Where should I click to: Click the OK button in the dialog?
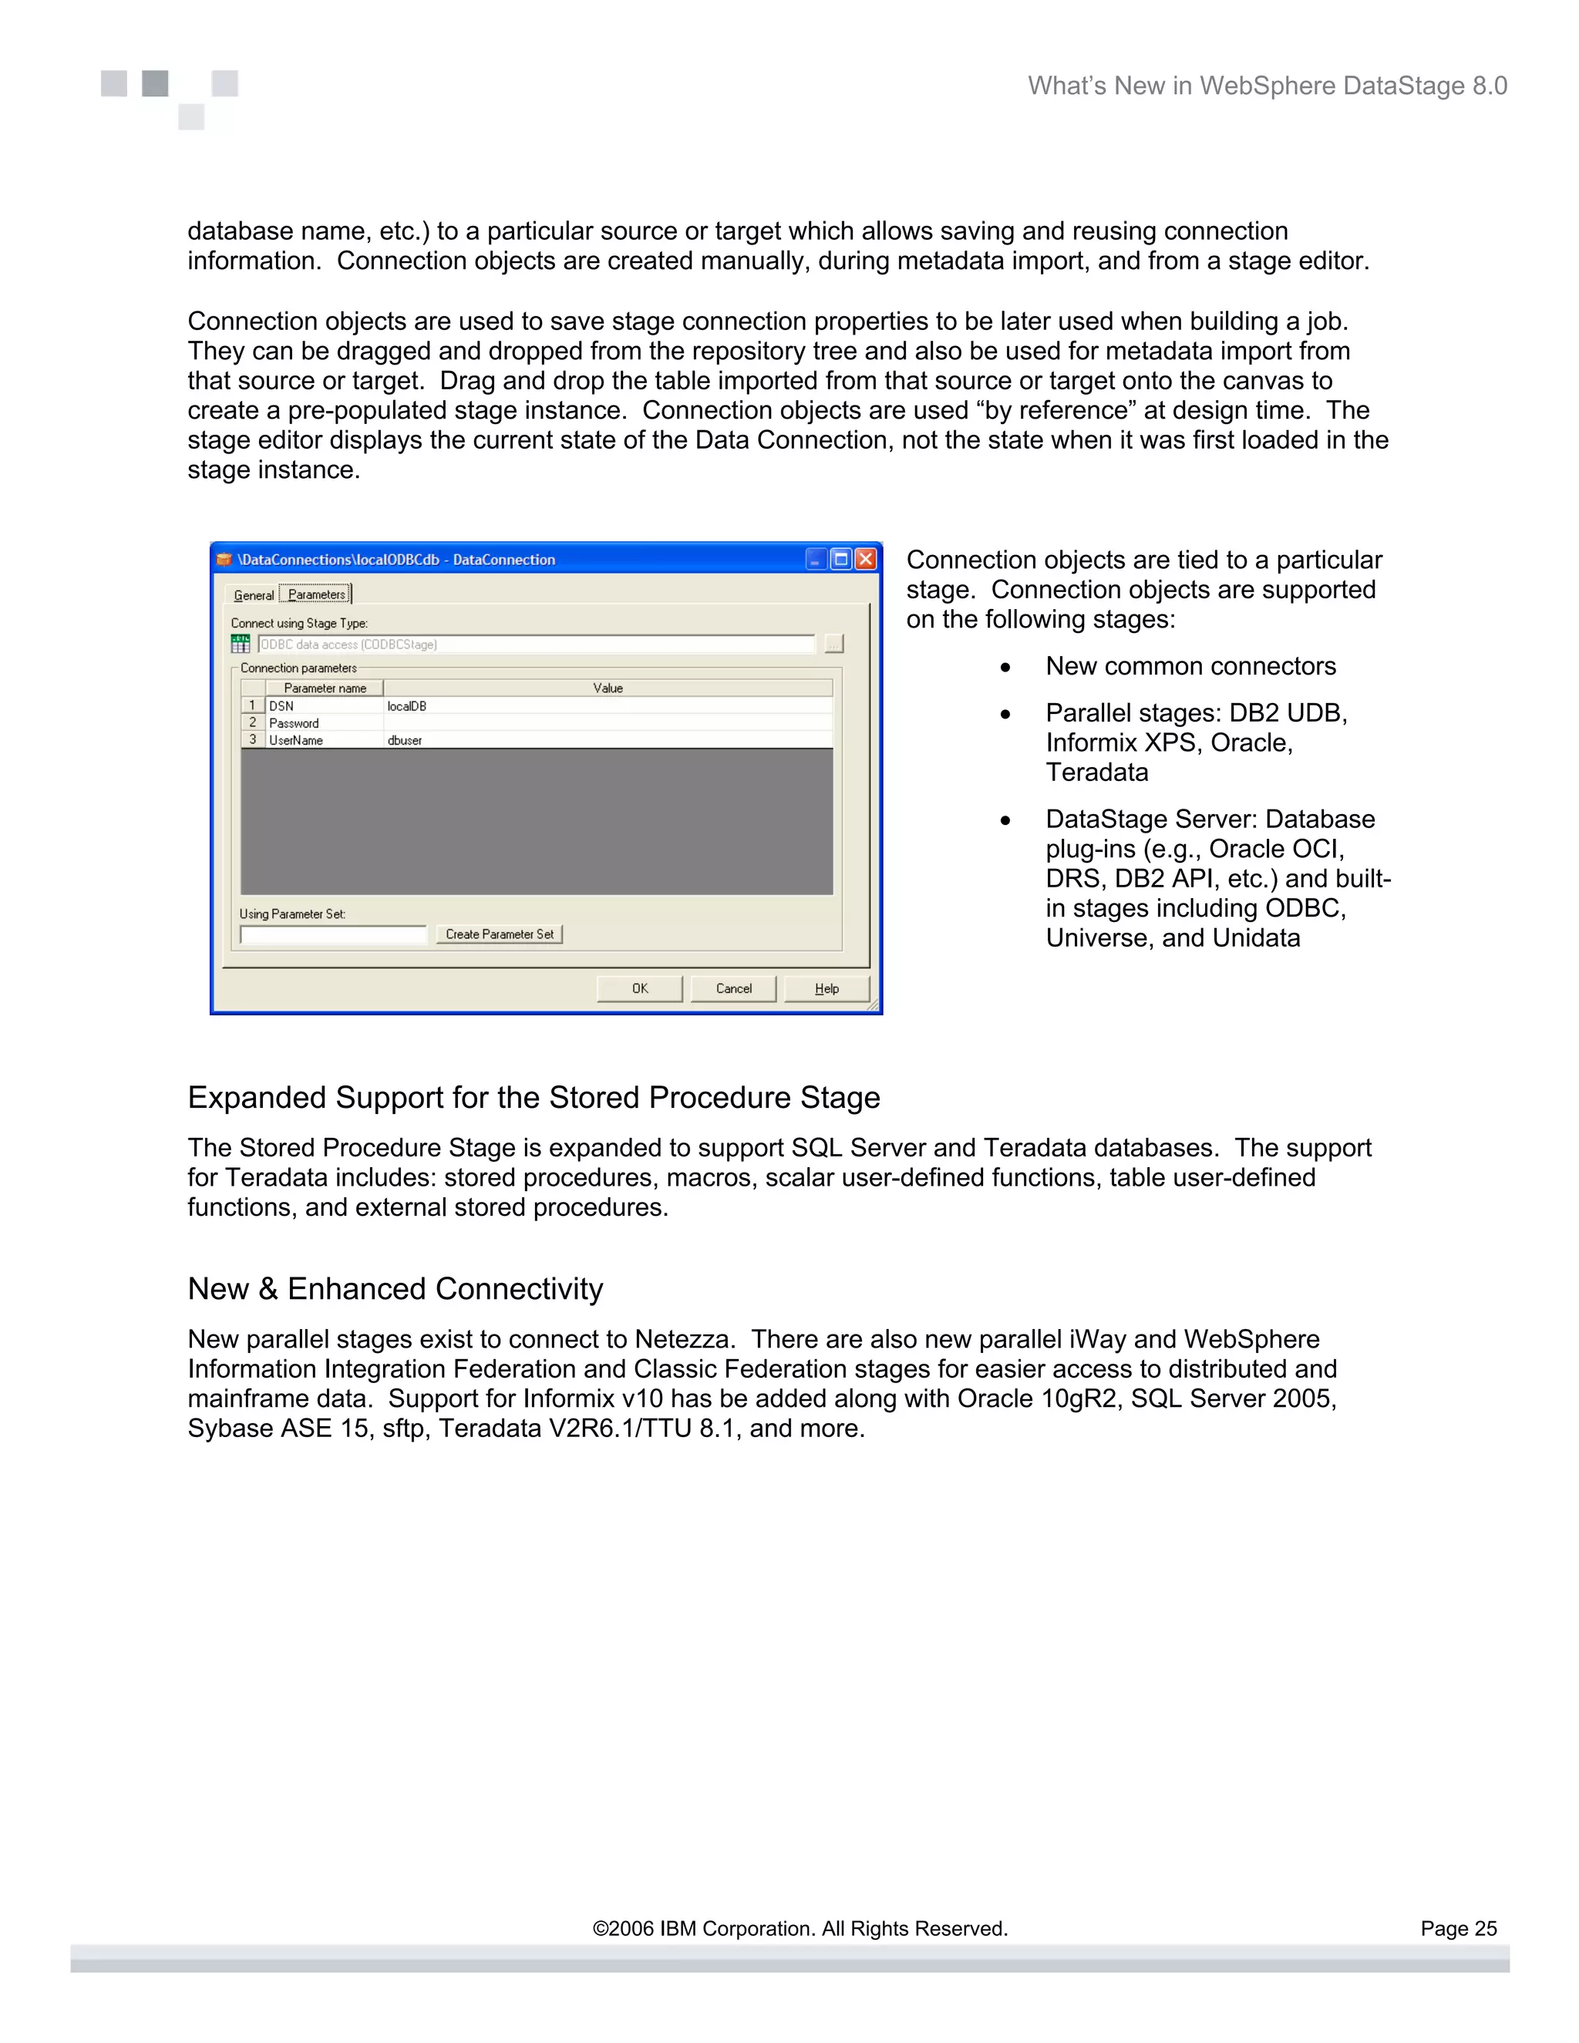tap(640, 989)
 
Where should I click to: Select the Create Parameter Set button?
tap(500, 934)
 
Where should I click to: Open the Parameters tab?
tap(316, 595)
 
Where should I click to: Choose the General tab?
tap(254, 596)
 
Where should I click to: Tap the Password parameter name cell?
tap(324, 723)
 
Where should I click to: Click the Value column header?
tap(608, 688)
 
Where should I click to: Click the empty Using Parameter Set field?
tap(333, 934)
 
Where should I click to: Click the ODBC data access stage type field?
tap(536, 645)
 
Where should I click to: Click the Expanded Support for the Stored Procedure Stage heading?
tap(534, 1097)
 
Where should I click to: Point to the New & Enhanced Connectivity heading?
tap(395, 1289)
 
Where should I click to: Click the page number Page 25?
tap(1458, 1929)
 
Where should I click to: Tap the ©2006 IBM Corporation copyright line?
tap(800, 1929)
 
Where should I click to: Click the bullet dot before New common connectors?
tap(1005, 668)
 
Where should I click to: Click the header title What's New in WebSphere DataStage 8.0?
tap(1267, 86)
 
